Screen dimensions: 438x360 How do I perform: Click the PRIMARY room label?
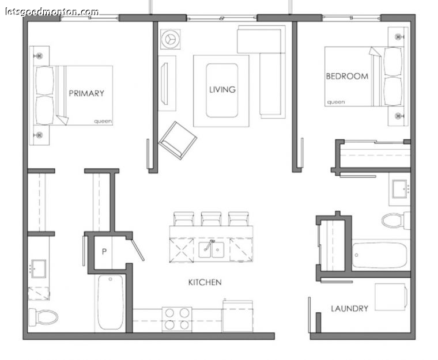pos(86,93)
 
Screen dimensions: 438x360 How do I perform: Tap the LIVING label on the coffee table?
pos(222,89)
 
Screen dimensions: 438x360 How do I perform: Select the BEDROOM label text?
pos(347,76)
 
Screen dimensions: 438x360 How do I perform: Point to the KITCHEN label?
pos(205,282)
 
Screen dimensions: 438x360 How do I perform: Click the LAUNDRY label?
pos(349,308)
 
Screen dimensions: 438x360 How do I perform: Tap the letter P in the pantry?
pos(104,252)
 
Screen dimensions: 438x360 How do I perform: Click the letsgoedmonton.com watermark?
pos(52,12)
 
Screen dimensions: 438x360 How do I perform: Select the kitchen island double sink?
pos(211,249)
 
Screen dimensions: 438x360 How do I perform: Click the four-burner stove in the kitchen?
pos(177,319)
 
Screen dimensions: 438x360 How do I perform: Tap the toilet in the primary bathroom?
pos(43,317)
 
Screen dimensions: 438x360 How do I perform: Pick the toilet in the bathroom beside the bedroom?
pos(395,221)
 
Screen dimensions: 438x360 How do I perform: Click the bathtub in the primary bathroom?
pos(111,302)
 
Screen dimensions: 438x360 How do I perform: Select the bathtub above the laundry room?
pos(380,255)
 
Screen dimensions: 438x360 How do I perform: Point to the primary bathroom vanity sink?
pos(38,268)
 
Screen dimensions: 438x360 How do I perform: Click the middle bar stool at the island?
pos(211,218)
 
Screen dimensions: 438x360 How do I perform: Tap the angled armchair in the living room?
pos(178,140)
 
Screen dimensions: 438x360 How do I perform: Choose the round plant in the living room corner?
pos(171,39)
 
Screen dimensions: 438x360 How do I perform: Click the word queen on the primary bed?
pos(103,122)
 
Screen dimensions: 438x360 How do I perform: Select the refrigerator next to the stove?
pos(237,316)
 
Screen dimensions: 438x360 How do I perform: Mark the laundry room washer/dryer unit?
pos(390,297)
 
